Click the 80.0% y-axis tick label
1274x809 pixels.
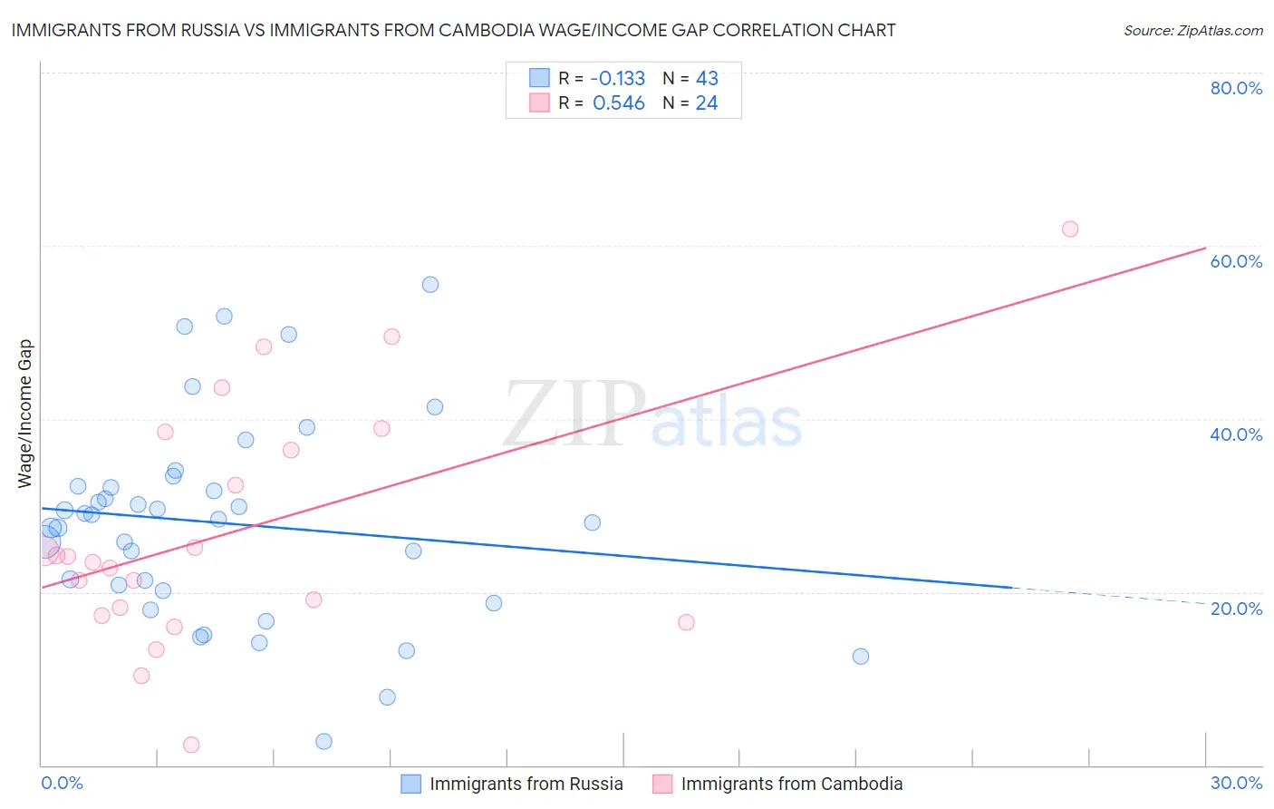point(1236,88)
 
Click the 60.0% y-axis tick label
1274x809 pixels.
point(1236,261)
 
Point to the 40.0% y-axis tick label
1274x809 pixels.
point(1236,434)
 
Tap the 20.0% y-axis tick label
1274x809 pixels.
point(1236,608)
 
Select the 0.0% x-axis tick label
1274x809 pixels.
point(62,783)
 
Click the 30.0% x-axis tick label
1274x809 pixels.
point(1236,783)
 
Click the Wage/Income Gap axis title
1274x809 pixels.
point(25,414)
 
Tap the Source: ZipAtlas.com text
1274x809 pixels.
point(1192,30)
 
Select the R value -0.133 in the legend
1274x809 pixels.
point(618,78)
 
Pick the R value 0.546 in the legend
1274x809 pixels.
point(618,103)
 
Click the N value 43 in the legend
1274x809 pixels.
point(706,78)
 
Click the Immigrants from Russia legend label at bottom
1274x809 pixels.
point(526,784)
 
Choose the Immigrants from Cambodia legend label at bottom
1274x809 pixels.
point(791,784)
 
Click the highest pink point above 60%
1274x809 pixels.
point(1070,229)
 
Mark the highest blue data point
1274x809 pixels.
point(430,285)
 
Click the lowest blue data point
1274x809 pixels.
point(323,741)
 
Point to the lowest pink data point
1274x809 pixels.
point(191,745)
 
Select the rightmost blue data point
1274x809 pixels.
point(861,656)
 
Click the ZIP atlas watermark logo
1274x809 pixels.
point(652,415)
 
